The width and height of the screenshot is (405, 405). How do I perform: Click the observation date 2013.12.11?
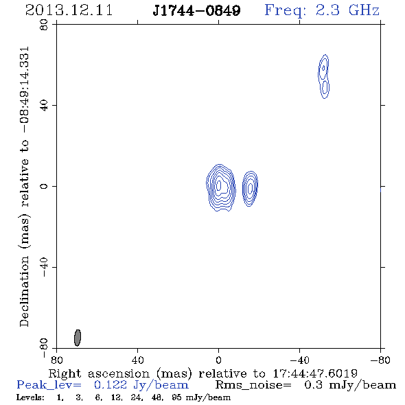[69, 10]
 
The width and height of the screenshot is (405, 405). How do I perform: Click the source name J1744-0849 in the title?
[196, 10]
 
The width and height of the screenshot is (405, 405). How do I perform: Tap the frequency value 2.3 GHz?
[347, 10]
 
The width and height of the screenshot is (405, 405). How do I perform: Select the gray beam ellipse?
[78, 338]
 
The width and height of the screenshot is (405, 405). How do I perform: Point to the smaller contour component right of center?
[250, 189]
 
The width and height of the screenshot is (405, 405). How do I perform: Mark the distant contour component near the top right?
[323, 76]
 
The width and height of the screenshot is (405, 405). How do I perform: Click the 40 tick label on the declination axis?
[44, 106]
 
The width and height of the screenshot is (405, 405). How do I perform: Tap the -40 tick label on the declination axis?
[44, 267]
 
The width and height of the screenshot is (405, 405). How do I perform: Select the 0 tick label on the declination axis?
[44, 186]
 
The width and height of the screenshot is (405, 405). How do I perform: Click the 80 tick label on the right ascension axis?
[56, 360]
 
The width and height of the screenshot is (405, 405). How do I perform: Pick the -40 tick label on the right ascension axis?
[299, 360]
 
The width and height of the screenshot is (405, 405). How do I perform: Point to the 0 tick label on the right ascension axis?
[218, 360]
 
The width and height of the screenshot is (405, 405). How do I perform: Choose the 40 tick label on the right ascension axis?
[137, 360]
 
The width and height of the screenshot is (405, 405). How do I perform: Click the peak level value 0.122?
[111, 385]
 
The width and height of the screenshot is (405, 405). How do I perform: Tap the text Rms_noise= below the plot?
[253, 385]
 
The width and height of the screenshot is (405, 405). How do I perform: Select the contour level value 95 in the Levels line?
[176, 397]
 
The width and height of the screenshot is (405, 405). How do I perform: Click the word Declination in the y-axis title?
[24, 291]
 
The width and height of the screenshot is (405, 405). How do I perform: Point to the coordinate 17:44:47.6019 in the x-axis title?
[315, 373]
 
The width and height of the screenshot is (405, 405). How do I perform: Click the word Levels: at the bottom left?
[30, 397]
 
